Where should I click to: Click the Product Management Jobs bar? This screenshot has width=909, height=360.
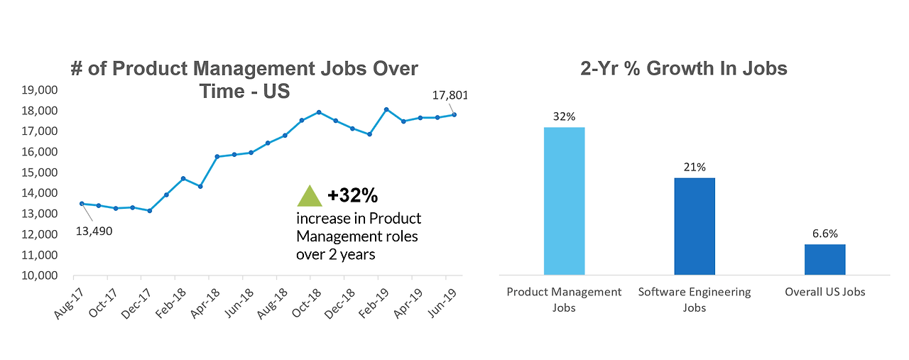coord(564,201)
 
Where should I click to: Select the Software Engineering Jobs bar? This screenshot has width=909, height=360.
coord(694,226)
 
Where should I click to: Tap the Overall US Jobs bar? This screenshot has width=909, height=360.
coord(824,259)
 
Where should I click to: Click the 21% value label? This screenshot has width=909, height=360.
coord(695,168)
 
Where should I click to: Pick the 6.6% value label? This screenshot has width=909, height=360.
coord(824,234)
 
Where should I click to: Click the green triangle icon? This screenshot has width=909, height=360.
coord(309,196)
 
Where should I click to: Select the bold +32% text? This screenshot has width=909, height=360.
coord(352,195)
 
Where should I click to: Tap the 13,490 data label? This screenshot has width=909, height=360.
coord(94,231)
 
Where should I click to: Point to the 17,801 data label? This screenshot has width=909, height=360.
coord(450,96)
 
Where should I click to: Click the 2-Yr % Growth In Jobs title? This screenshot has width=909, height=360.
coord(684,69)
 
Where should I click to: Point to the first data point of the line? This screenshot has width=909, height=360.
coord(82,204)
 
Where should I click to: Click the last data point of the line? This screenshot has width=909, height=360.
coord(454,114)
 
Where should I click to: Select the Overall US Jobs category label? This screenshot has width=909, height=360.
coord(824,292)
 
